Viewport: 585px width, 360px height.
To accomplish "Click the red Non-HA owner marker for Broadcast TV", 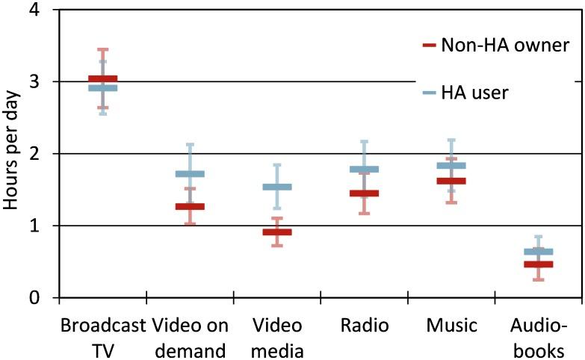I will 103,79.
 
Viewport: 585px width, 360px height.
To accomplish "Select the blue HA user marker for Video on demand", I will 190,174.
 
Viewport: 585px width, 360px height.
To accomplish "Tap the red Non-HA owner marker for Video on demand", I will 190,206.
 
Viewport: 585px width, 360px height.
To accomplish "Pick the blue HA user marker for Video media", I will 277,187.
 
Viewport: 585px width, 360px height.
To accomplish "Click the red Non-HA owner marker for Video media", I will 277,232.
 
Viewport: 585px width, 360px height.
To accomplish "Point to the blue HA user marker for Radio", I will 365,169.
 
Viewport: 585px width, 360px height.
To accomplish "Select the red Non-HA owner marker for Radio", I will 365,193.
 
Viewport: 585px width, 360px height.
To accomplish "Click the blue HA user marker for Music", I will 451,165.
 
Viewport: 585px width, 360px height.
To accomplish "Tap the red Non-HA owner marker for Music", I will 451,181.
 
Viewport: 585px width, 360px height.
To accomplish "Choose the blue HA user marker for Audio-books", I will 539,252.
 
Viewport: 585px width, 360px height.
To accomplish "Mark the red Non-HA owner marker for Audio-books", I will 539,264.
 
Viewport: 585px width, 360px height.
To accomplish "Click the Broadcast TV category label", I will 103,338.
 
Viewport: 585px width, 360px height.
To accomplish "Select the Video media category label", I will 277,338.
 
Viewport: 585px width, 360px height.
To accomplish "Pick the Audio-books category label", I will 539,338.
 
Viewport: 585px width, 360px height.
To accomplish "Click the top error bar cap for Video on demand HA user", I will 190,144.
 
